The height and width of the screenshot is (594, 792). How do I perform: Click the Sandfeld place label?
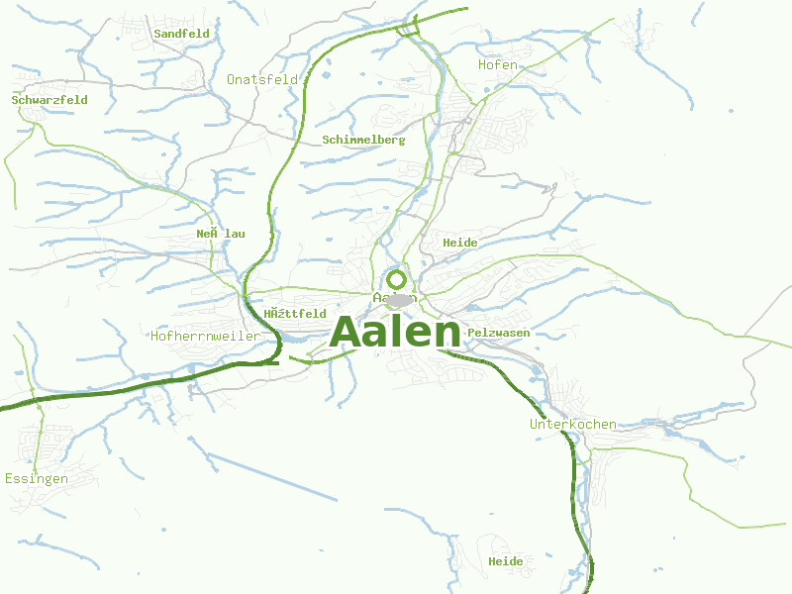[182, 34]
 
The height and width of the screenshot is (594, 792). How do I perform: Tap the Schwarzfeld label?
[49, 100]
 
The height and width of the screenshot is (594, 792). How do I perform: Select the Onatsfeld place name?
[262, 79]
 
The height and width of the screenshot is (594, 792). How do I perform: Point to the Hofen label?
[498, 64]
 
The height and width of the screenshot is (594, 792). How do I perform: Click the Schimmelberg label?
[363, 140]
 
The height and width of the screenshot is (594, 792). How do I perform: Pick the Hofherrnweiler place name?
[205, 336]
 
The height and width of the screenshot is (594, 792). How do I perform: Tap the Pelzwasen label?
[498, 333]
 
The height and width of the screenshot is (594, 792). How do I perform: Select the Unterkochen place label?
[573, 424]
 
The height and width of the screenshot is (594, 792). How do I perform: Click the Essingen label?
[36, 478]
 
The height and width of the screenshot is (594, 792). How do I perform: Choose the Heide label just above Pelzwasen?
[460, 243]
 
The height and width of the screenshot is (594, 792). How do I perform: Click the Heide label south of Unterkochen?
[505, 561]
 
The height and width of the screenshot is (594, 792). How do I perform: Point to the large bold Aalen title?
[395, 332]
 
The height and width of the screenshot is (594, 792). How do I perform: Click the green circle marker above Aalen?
[397, 279]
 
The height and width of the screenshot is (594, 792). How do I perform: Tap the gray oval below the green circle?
[399, 300]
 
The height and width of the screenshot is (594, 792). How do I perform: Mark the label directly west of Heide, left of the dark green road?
[220, 234]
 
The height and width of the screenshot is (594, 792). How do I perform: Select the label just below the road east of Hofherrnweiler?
[295, 314]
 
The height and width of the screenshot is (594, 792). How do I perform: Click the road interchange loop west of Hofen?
[408, 29]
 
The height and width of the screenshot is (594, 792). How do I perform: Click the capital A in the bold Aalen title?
[346, 332]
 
